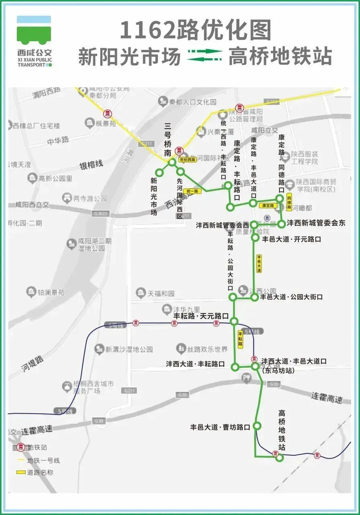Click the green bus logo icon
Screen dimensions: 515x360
tap(34, 30)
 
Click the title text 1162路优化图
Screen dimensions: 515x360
tap(195, 30)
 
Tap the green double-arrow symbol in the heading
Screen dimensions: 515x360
tap(204, 56)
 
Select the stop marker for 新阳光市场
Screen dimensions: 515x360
tap(159, 173)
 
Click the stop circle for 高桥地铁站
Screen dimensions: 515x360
tap(279, 457)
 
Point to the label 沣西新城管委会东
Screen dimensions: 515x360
tap(316, 223)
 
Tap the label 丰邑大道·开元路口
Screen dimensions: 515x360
tap(291, 239)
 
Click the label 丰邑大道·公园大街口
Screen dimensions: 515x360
tap(292, 297)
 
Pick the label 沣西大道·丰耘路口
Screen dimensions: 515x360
tap(195, 364)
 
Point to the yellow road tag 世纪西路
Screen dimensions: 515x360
tap(187, 159)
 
